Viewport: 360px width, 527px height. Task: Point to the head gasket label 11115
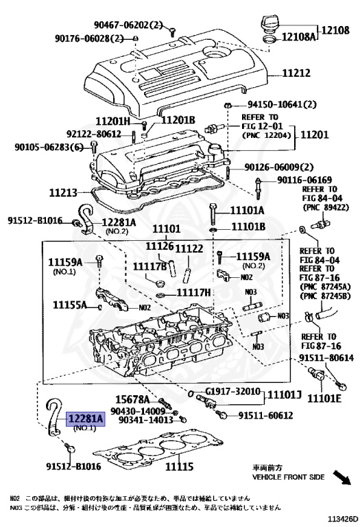tap(176, 467)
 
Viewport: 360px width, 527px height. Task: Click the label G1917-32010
tap(233, 392)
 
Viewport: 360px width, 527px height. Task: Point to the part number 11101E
tap(324, 398)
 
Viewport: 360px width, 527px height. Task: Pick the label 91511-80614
tap(326, 358)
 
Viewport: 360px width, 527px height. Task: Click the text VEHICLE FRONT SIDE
tap(289, 476)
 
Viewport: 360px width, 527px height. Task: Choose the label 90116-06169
tap(304, 180)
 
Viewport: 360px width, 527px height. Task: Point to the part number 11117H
tap(194, 293)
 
